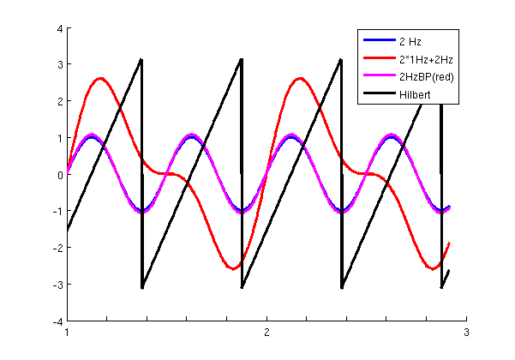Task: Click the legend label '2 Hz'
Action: (x=410, y=41)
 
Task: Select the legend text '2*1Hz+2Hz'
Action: (x=423, y=59)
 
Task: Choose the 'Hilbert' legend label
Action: (x=415, y=94)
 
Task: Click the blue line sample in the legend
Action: (x=378, y=41)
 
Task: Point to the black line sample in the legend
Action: (x=378, y=94)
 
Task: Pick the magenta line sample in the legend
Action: (x=378, y=76)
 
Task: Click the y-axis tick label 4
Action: (x=59, y=28)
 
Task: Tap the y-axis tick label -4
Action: (x=57, y=321)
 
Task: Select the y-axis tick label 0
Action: (x=59, y=175)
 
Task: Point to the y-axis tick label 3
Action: (x=59, y=65)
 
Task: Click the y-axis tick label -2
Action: (x=57, y=248)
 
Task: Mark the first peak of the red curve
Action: (x=101, y=78)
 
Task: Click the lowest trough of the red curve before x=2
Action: (x=233, y=268)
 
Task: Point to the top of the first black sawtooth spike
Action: (x=141, y=59)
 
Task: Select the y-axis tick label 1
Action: (x=59, y=138)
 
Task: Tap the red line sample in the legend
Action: (x=378, y=59)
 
